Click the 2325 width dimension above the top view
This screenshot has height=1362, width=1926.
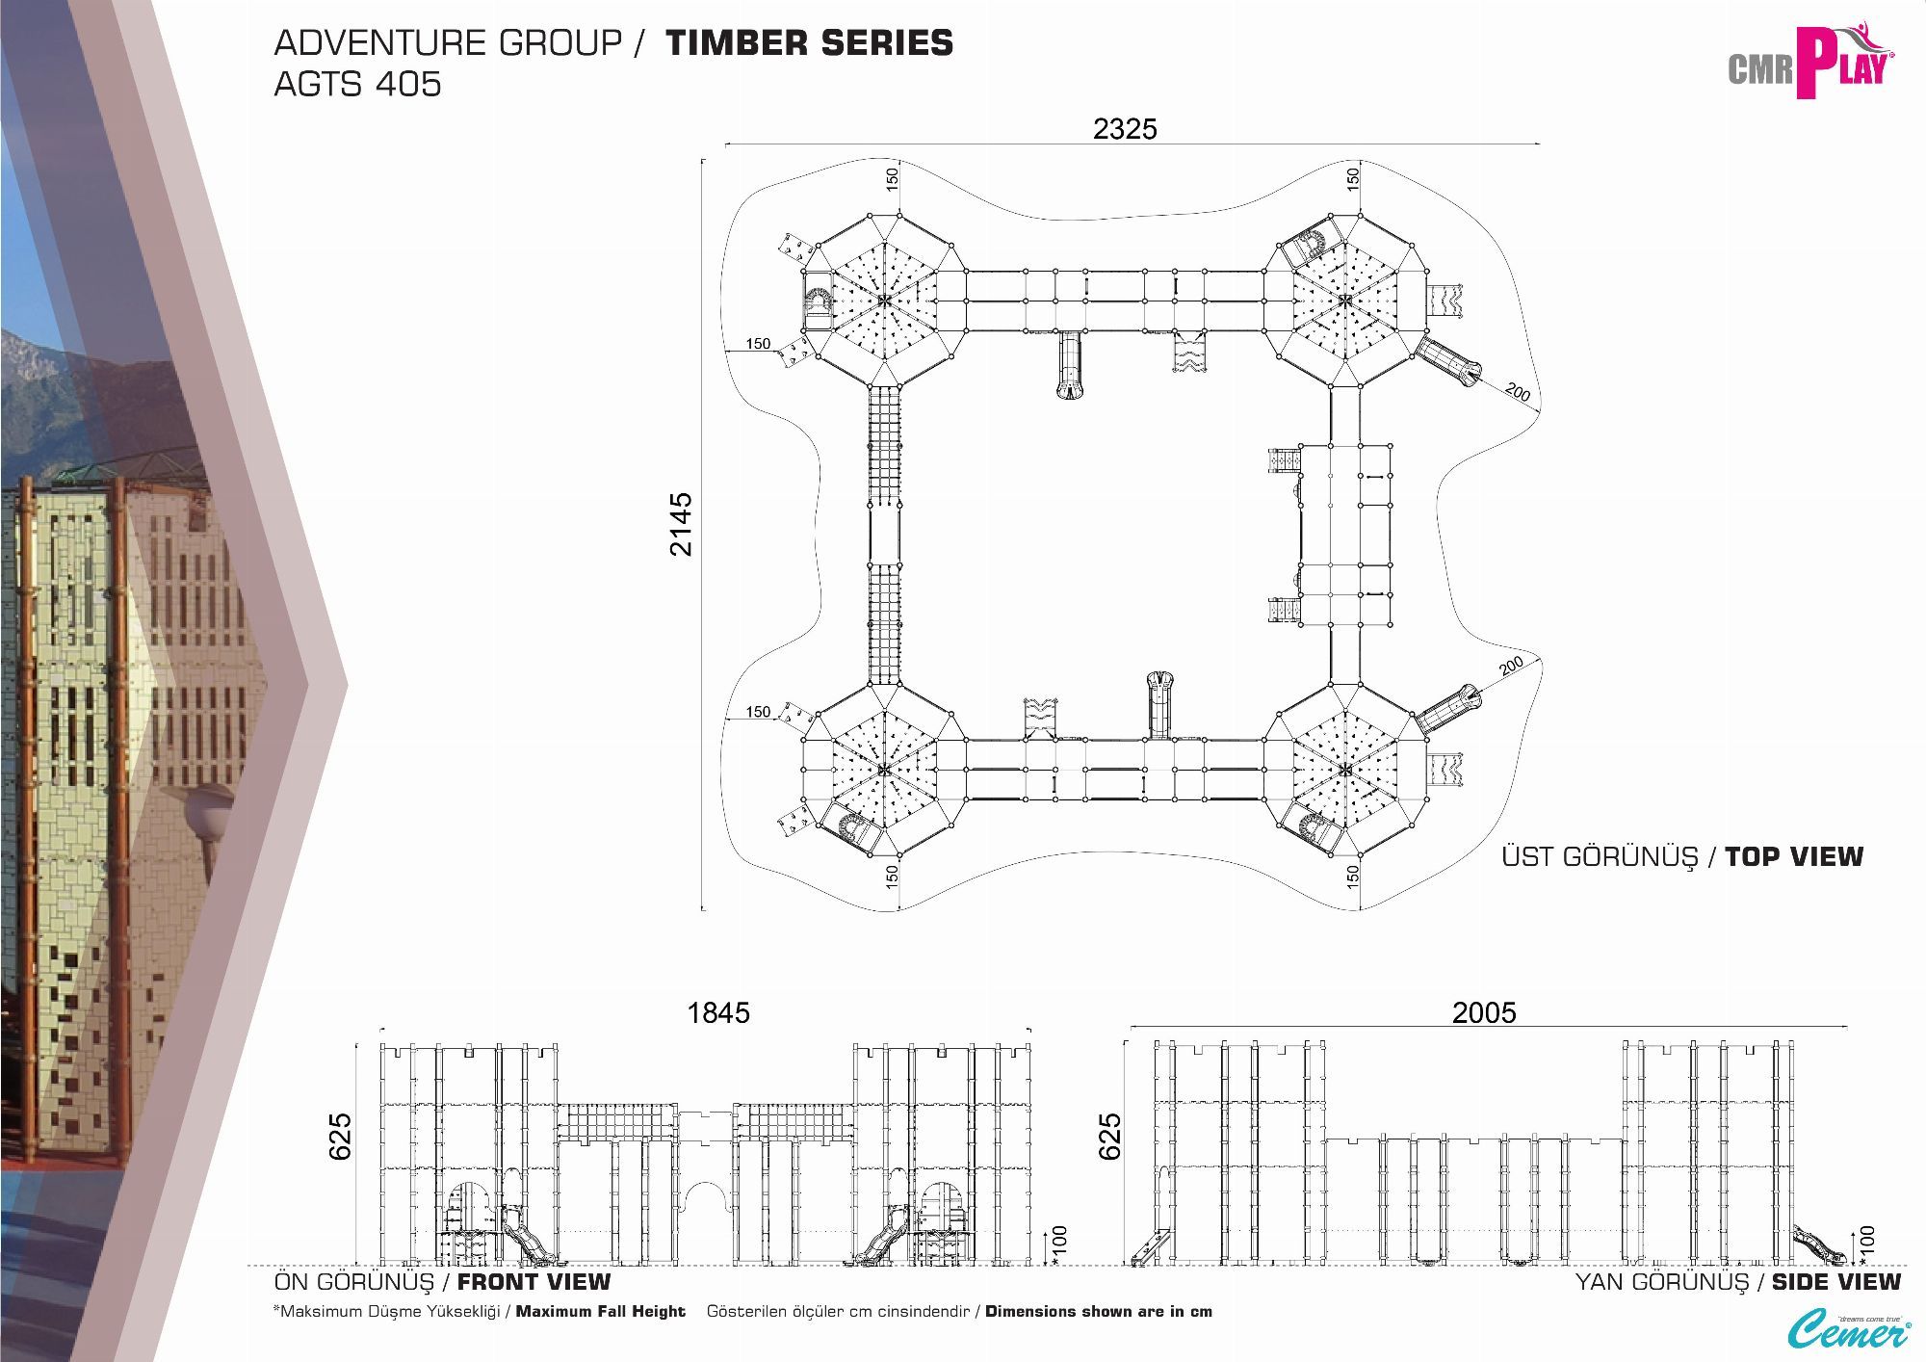tap(1125, 129)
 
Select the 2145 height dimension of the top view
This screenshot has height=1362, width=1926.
tap(681, 524)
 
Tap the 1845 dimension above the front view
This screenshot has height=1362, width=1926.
tap(717, 1012)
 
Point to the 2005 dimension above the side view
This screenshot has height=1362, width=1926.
tap(1484, 1012)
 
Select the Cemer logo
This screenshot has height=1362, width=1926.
tap(1849, 1331)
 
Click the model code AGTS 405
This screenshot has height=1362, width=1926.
tap(357, 85)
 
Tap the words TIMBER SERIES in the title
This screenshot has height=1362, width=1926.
tap(809, 43)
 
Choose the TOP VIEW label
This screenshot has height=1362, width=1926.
tap(1793, 856)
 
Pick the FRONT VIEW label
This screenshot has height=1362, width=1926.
tap(534, 1282)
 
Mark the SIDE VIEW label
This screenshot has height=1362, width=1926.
tap(1835, 1282)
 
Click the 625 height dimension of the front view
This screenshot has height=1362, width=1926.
tap(341, 1136)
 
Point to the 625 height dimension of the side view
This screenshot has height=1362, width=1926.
tap(1110, 1136)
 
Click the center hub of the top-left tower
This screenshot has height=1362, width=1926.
tap(884, 300)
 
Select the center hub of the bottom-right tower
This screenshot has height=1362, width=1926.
tap(1344, 769)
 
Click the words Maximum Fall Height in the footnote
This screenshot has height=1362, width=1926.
tap(600, 1312)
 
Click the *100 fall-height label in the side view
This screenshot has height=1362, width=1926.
tap(1866, 1244)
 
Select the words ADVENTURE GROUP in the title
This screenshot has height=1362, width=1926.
tap(448, 43)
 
